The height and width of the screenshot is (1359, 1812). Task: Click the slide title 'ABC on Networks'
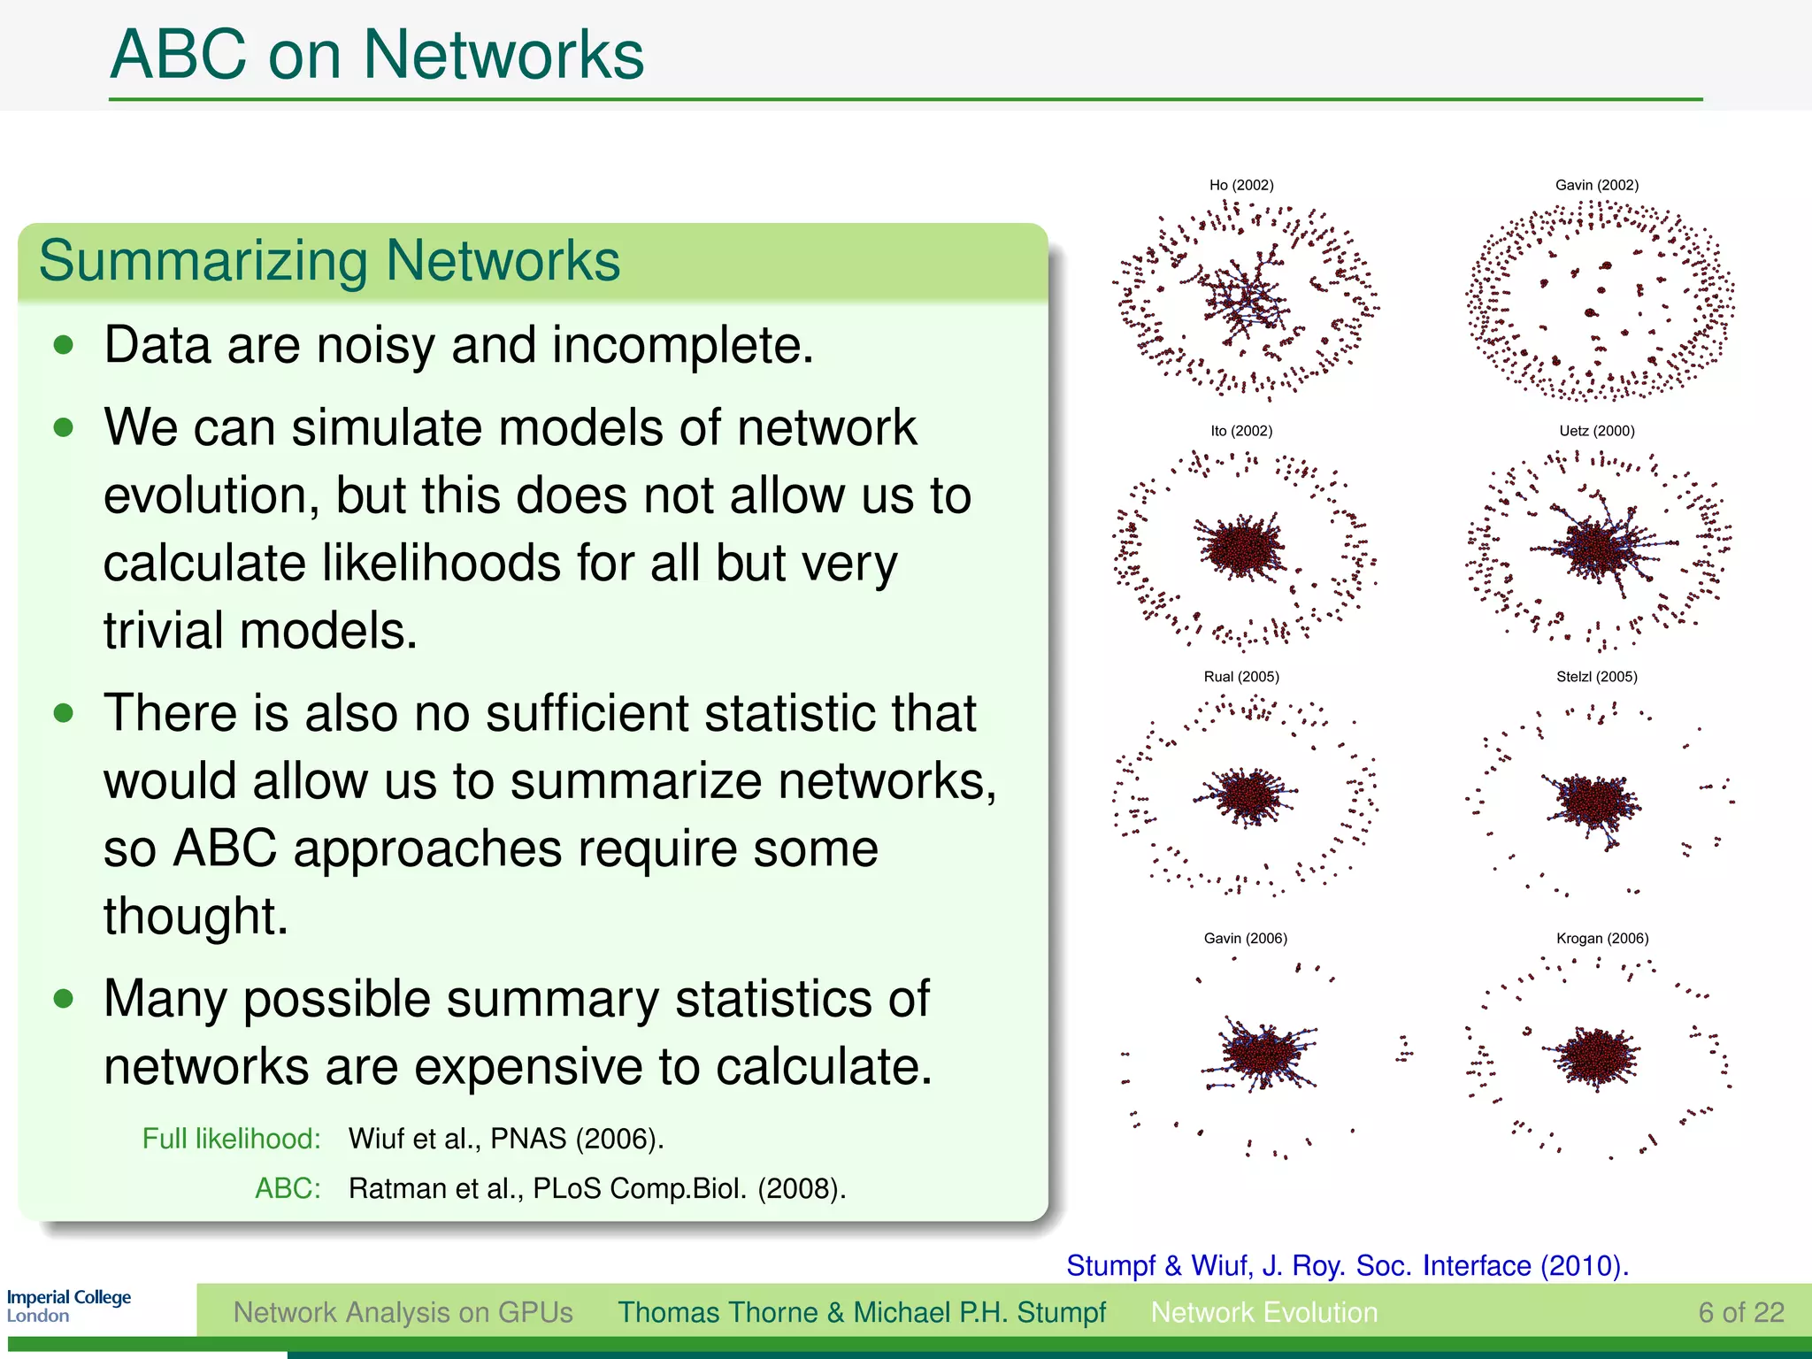[377, 55]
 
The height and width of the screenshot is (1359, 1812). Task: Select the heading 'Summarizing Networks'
[329, 261]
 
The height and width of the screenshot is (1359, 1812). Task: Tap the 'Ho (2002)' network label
[1241, 185]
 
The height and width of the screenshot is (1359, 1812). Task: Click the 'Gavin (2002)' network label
[1597, 185]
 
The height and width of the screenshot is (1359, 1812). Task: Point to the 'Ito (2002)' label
[1241, 431]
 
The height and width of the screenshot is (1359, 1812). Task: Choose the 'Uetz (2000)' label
[1597, 431]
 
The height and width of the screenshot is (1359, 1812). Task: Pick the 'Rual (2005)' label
[1241, 677]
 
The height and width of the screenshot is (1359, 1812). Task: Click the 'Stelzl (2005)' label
[1597, 677]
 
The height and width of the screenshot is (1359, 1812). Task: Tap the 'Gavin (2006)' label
[1245, 938]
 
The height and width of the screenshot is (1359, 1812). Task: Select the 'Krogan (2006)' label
[1602, 938]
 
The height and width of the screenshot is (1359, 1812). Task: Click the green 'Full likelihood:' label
[232, 1139]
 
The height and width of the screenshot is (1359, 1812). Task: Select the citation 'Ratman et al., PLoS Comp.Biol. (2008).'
[597, 1188]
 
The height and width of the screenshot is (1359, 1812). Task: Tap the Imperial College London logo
[69, 1306]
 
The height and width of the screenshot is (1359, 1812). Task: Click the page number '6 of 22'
[1740, 1312]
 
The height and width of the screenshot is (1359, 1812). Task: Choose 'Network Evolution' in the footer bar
[1264, 1312]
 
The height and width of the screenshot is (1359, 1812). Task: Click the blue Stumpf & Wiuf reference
[1347, 1265]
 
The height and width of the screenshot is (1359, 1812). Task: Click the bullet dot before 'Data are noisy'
[63, 345]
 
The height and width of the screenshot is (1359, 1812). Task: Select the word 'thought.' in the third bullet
[196, 916]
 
